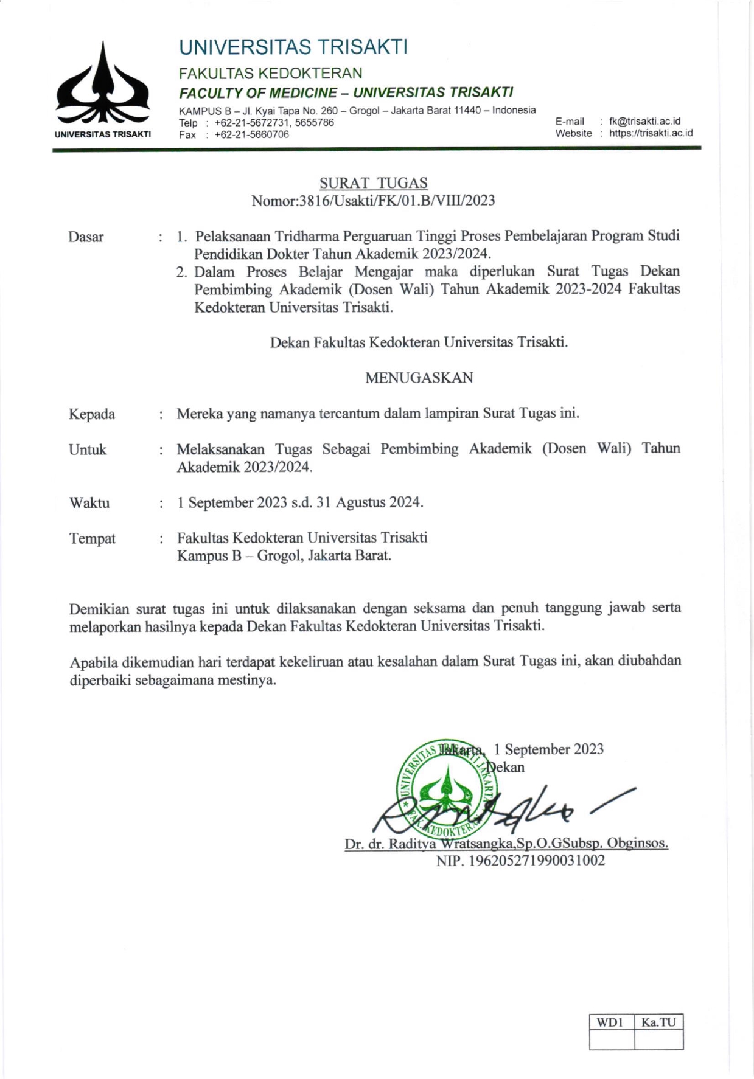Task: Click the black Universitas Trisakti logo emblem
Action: (102, 85)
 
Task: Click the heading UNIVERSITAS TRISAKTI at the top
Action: (293, 47)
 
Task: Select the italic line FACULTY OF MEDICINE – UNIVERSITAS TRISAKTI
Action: (346, 92)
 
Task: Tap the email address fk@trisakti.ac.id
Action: (644, 121)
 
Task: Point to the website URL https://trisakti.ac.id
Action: (651, 133)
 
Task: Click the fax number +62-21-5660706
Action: (251, 135)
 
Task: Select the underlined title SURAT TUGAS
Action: (374, 182)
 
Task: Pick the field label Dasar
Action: (86, 237)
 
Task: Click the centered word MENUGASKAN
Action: (419, 378)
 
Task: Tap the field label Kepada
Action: (92, 414)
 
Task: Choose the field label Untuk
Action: (88, 450)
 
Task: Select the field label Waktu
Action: (89, 503)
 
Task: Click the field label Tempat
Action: (93, 539)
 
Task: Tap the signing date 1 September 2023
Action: (548, 749)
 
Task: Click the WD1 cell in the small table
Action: (611, 1022)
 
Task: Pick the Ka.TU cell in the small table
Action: (658, 1022)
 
